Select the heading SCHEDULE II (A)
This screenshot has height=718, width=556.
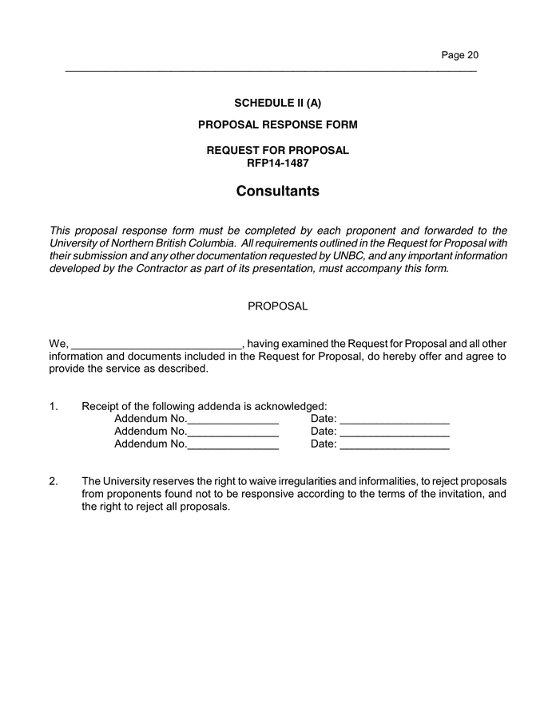pos(277,103)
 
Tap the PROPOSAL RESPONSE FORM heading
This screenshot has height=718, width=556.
pos(277,124)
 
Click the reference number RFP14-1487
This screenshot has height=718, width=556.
pos(277,163)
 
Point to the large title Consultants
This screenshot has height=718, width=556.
pos(277,191)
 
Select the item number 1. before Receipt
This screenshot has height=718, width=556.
pos(54,406)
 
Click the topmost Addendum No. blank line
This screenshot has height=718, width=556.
pos(232,420)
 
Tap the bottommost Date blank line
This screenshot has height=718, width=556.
pos(394,446)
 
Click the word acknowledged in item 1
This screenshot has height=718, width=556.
pos(288,406)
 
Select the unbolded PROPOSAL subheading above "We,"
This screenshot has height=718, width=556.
pos(277,306)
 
